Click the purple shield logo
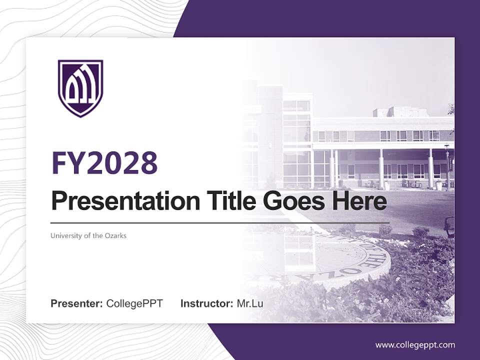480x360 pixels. click(x=80, y=88)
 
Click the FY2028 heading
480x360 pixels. click(x=104, y=163)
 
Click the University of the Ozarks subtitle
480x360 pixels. click(x=88, y=235)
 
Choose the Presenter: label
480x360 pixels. click(x=77, y=303)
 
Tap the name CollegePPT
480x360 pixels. click(x=134, y=303)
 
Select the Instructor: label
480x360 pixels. click(x=206, y=303)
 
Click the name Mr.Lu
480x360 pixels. click(x=250, y=303)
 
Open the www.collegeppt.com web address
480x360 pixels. click(x=415, y=345)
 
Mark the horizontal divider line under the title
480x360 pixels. click(x=220, y=222)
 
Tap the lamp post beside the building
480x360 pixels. click(x=447, y=165)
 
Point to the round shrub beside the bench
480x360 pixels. click(x=420, y=232)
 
